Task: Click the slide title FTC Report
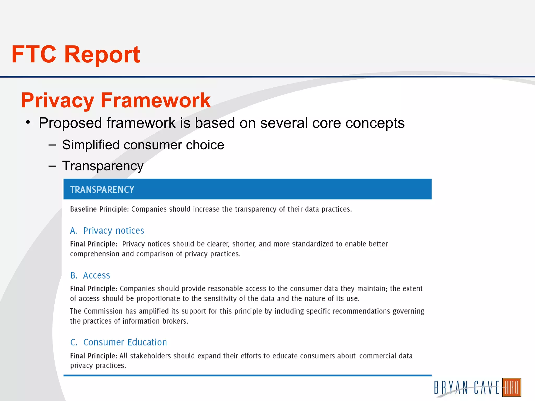click(76, 54)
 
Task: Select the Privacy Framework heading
click(116, 100)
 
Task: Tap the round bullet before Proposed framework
click(28, 122)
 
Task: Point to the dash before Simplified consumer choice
click(52, 145)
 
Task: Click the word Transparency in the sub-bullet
click(103, 166)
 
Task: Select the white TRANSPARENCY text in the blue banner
click(102, 190)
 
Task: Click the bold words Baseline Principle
click(99, 209)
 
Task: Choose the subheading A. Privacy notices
click(107, 231)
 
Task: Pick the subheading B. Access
click(90, 275)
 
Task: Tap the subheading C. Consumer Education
click(119, 342)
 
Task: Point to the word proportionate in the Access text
click(158, 299)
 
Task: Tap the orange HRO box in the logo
click(511, 387)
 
